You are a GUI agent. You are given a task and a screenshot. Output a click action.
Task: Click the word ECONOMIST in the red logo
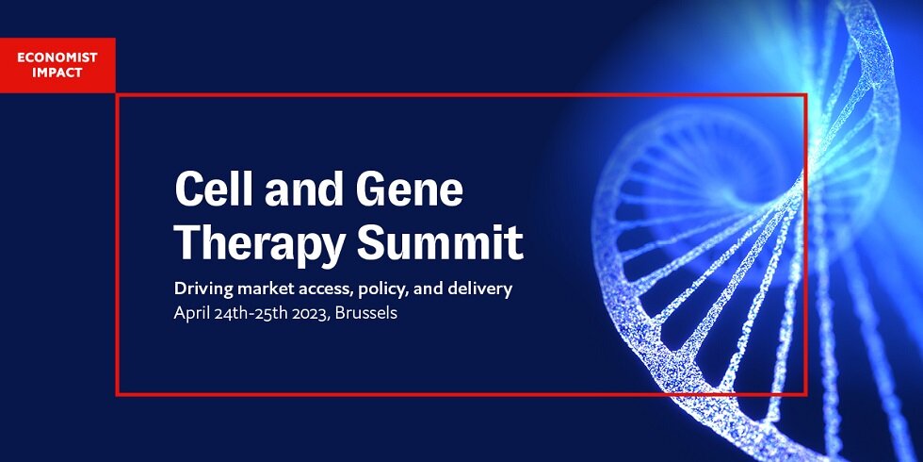pos(57,58)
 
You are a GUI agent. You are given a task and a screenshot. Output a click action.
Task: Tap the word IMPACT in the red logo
pos(57,74)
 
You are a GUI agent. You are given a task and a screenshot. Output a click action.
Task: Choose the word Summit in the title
pos(440,242)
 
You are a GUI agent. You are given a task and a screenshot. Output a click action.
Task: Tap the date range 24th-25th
pos(253,313)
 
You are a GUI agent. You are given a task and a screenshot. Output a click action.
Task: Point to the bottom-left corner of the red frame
pos(117,394)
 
